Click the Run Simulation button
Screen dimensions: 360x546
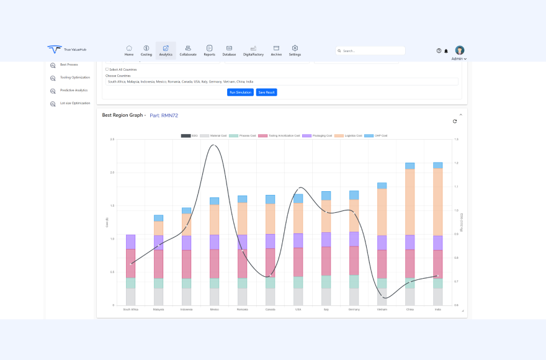point(240,92)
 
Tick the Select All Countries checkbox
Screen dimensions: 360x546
point(107,70)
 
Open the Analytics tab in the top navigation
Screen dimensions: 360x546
point(166,50)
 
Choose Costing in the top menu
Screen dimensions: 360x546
point(146,50)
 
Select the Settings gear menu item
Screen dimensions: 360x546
point(295,50)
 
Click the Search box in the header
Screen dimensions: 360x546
point(370,51)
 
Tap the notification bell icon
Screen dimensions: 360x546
point(446,51)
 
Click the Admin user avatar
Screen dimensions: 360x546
point(460,50)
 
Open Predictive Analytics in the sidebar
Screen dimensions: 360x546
point(73,91)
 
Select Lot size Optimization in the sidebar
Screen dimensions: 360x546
point(74,103)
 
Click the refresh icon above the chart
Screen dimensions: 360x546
point(455,121)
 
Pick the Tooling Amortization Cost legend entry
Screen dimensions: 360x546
point(280,135)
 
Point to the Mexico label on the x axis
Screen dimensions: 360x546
point(214,309)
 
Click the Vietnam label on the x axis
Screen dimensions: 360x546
point(382,309)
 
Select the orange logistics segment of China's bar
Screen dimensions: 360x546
point(410,202)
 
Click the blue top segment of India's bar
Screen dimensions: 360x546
point(438,165)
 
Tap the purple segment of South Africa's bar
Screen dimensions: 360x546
point(131,242)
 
